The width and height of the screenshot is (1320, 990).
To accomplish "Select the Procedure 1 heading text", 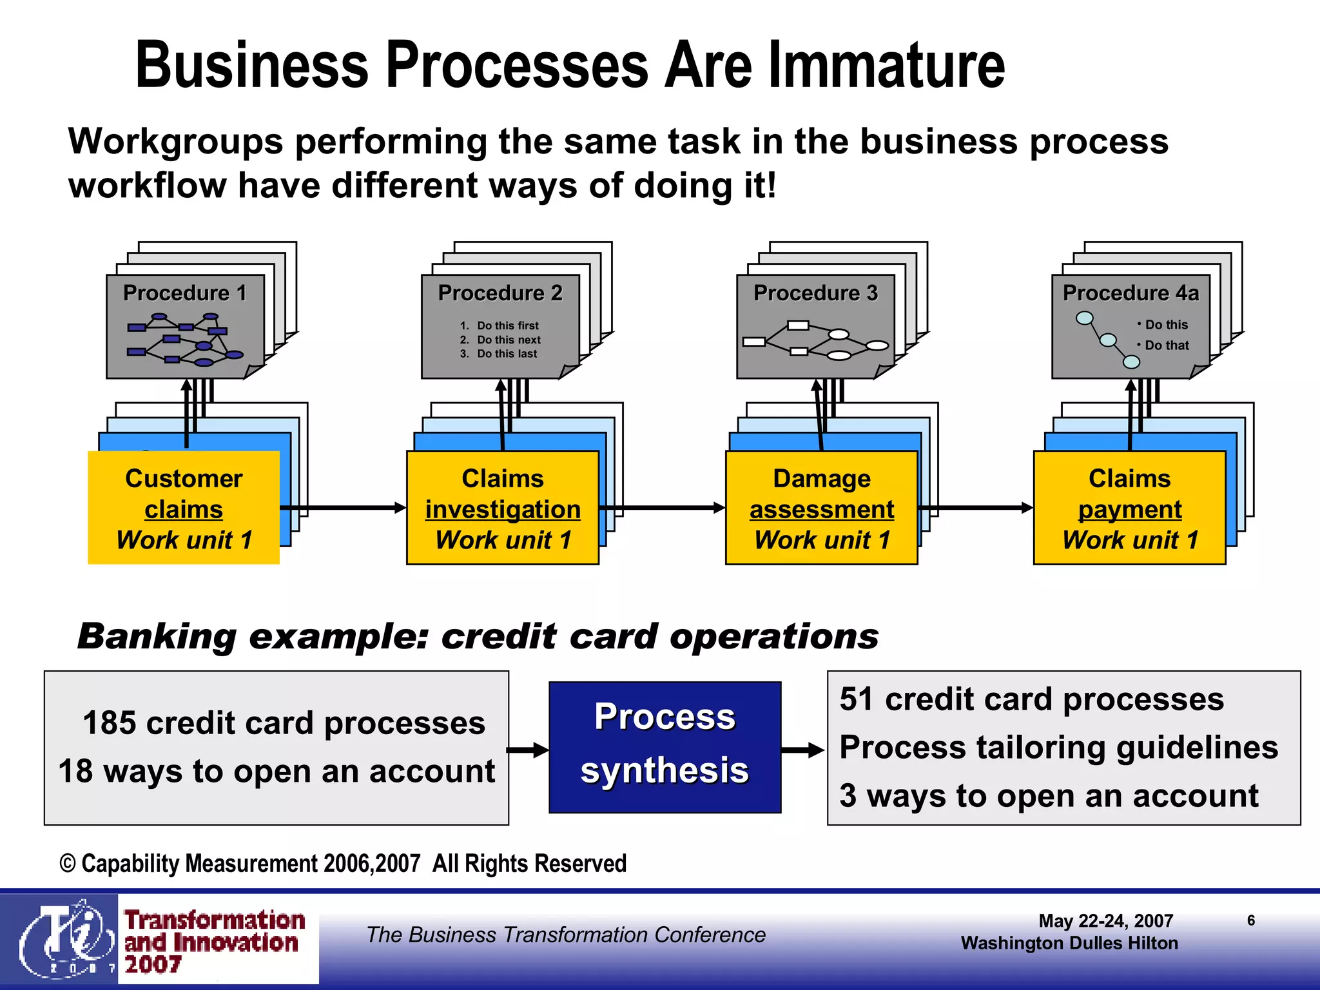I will click(185, 293).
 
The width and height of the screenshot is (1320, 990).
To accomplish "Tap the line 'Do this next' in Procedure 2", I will click(508, 340).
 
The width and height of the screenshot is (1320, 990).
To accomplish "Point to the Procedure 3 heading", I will click(815, 293).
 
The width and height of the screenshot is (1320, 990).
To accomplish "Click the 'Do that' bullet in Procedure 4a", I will click(1166, 345).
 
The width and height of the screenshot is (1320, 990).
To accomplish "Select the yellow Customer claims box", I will click(184, 508).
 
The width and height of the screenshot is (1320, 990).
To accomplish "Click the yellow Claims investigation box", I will click(502, 508).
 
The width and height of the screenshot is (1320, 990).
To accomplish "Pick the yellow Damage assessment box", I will click(821, 508).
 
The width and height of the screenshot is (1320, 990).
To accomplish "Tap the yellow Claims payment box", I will click(1129, 508).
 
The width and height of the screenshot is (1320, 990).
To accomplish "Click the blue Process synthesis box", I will click(665, 747).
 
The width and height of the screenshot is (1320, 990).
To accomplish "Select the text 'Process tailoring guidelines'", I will click(1058, 748).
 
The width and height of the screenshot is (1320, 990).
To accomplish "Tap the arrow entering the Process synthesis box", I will click(527, 750).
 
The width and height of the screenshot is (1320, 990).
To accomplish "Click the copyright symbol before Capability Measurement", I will click(68, 864).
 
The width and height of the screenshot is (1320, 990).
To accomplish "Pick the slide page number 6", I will click(1250, 920).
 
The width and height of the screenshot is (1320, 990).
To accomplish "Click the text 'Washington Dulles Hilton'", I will click(1069, 943).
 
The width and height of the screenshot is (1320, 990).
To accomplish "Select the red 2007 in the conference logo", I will click(153, 964).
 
